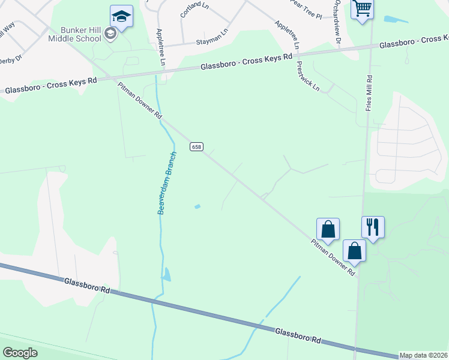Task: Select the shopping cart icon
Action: [362, 10]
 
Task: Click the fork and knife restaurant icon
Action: [373, 227]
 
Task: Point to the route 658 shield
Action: [196, 147]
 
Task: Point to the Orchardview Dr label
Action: [338, 21]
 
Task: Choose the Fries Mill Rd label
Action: [370, 92]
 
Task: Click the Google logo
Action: [20, 352]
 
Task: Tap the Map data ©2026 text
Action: [423, 355]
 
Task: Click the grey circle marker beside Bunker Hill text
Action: [110, 34]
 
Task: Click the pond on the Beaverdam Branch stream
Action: [166, 275]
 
